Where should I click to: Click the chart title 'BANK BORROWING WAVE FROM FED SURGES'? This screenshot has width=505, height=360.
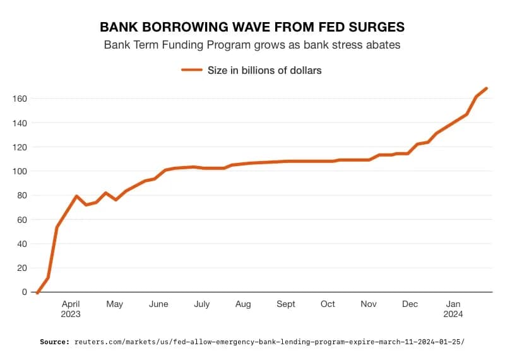(x=252, y=27)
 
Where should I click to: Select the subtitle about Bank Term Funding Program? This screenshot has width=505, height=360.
(x=252, y=45)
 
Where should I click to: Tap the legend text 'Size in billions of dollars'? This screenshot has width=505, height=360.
(x=264, y=71)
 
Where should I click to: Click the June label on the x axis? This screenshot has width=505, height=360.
(x=158, y=304)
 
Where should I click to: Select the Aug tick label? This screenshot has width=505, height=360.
(x=243, y=304)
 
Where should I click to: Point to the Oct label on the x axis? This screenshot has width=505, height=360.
(x=328, y=304)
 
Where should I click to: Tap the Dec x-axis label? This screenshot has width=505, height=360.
(x=410, y=304)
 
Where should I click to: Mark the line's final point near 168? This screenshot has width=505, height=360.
(x=486, y=88)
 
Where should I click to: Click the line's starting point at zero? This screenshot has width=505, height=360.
(x=37, y=292)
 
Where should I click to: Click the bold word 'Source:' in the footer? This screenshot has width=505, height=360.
(x=54, y=342)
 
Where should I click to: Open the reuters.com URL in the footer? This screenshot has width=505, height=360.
(x=269, y=342)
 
